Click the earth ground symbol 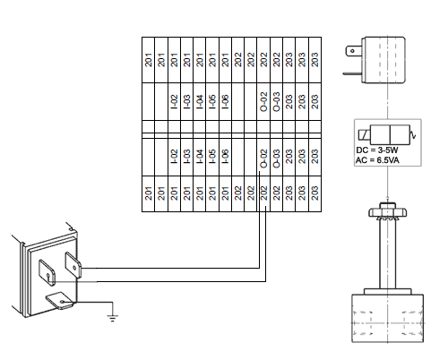(x=112, y=318)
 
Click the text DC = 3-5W (x=377, y=150)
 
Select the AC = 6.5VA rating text (x=377, y=160)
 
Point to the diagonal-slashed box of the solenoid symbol (x=364, y=135)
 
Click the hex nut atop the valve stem (x=387, y=210)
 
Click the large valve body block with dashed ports (x=387, y=319)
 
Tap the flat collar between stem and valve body (x=387, y=292)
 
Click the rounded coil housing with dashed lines (x=383, y=60)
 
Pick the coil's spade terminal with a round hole (x=354, y=51)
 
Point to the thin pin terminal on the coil (x=352, y=73)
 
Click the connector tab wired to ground (x=60, y=301)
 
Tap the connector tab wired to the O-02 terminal (x=73, y=266)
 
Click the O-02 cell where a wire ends (x=263, y=158)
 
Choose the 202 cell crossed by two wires (x=263, y=194)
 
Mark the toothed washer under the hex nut (x=387, y=219)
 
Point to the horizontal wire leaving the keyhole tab (x=159, y=281)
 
